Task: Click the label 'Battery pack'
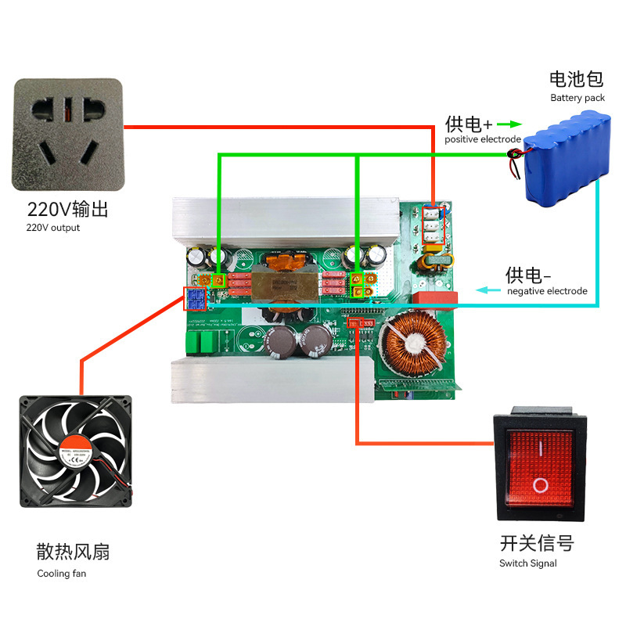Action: pyautogui.click(x=577, y=98)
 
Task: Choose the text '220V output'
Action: pyautogui.click(x=53, y=228)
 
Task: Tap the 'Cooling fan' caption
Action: pyautogui.click(x=62, y=574)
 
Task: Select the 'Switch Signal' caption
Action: pyautogui.click(x=528, y=563)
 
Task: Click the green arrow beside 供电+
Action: pyautogui.click(x=509, y=124)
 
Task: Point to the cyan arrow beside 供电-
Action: pyautogui.click(x=490, y=290)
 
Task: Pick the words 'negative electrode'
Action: pyautogui.click(x=547, y=291)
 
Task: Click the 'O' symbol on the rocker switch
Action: pyautogui.click(x=540, y=485)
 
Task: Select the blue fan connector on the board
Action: pyautogui.click(x=194, y=298)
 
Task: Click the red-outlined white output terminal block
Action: pyautogui.click(x=433, y=224)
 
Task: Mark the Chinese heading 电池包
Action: pyautogui.click(x=577, y=79)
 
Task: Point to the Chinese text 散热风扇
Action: pyautogui.click(x=73, y=552)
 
